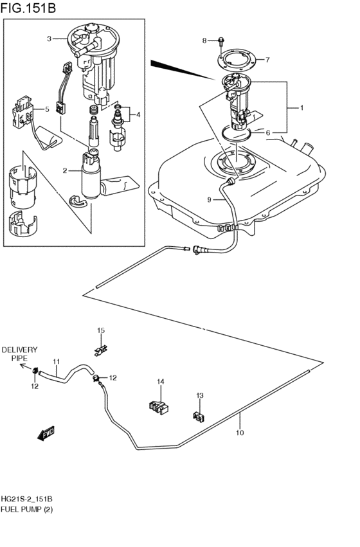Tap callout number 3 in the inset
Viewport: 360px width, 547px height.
point(49,39)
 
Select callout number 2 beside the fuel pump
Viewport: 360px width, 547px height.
point(64,170)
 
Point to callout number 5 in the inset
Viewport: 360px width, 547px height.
point(46,109)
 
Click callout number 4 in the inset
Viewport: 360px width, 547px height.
point(137,115)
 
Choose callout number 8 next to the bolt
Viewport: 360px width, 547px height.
point(204,40)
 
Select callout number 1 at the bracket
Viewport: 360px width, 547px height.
point(300,107)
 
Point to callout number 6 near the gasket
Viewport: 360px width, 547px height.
point(268,133)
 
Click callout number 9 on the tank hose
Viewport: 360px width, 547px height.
point(209,200)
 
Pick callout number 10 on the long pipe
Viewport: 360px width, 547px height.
point(240,433)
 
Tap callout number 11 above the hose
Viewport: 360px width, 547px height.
point(56,361)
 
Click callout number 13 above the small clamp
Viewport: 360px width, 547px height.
point(199,396)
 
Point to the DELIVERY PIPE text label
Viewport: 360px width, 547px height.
point(19,354)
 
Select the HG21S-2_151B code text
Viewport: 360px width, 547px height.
point(26,499)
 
